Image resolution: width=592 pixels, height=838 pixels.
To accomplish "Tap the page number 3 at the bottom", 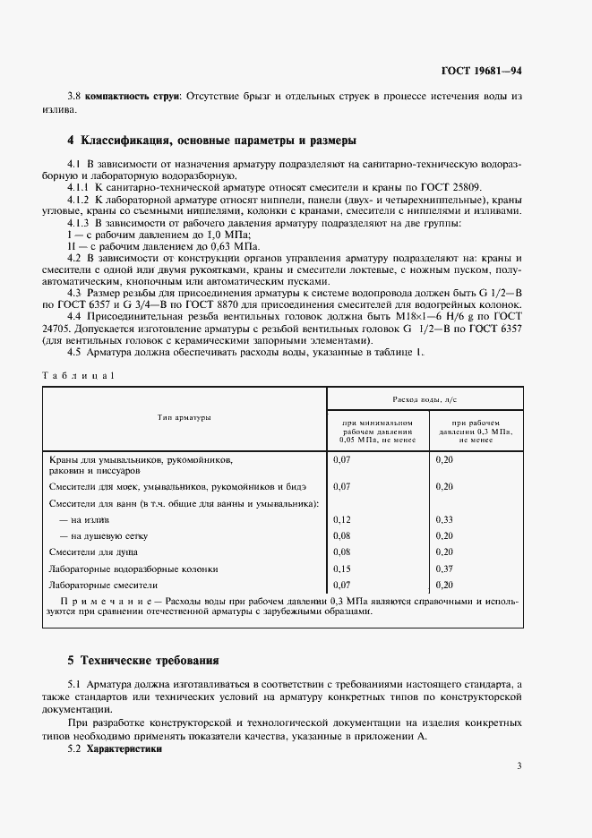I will point(519,765).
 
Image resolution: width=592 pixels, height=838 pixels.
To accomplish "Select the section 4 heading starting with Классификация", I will point(212,141).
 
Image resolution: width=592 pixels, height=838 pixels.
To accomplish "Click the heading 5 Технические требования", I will point(143,661).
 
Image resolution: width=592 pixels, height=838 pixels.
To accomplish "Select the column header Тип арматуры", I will point(184,417).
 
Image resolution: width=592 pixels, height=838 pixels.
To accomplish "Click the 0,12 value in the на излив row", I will point(342,519).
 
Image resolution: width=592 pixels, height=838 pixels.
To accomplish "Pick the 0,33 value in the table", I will point(443,519).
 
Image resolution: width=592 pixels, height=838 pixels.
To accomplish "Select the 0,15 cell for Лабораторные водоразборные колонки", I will point(342,569).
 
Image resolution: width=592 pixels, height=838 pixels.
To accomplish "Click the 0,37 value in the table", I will point(443,569).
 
